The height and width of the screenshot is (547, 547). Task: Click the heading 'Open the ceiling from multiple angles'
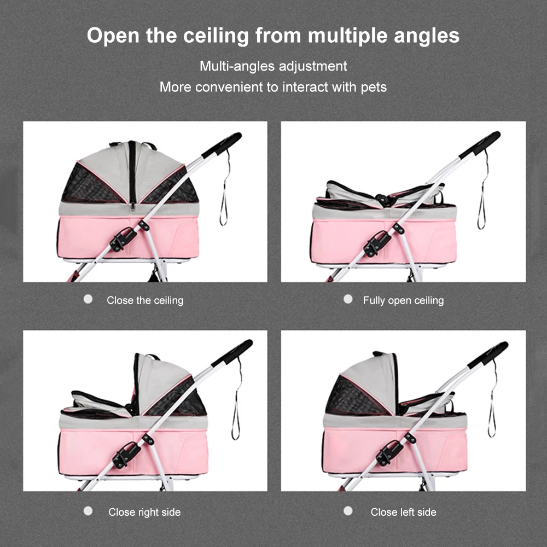coord(273,36)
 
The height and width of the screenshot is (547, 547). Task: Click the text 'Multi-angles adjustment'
coord(273,66)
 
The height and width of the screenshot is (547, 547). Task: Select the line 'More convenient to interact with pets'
coord(273,87)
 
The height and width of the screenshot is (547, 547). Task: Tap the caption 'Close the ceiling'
coord(145,300)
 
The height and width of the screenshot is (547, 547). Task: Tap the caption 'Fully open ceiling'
coord(403,300)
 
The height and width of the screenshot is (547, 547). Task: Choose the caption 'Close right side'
coord(144,512)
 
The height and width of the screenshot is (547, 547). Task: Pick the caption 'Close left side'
coord(403,512)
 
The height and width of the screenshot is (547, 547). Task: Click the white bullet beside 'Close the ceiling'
coord(88,299)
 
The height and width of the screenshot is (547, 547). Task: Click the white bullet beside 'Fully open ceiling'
coord(348,299)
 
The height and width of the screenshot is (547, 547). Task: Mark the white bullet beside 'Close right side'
coord(88,511)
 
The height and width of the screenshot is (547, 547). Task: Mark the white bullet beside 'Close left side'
coord(348,511)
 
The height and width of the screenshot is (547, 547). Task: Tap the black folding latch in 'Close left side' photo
coord(388,452)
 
